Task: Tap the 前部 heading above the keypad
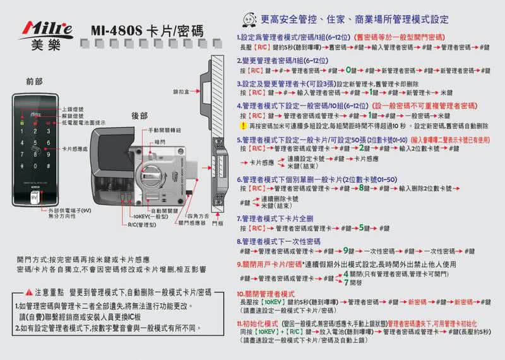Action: coord(35,82)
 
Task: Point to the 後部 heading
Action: coord(140,117)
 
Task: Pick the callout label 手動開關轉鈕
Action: coord(165,129)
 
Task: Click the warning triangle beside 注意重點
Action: coord(21,294)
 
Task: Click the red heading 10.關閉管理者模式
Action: coord(266,294)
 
